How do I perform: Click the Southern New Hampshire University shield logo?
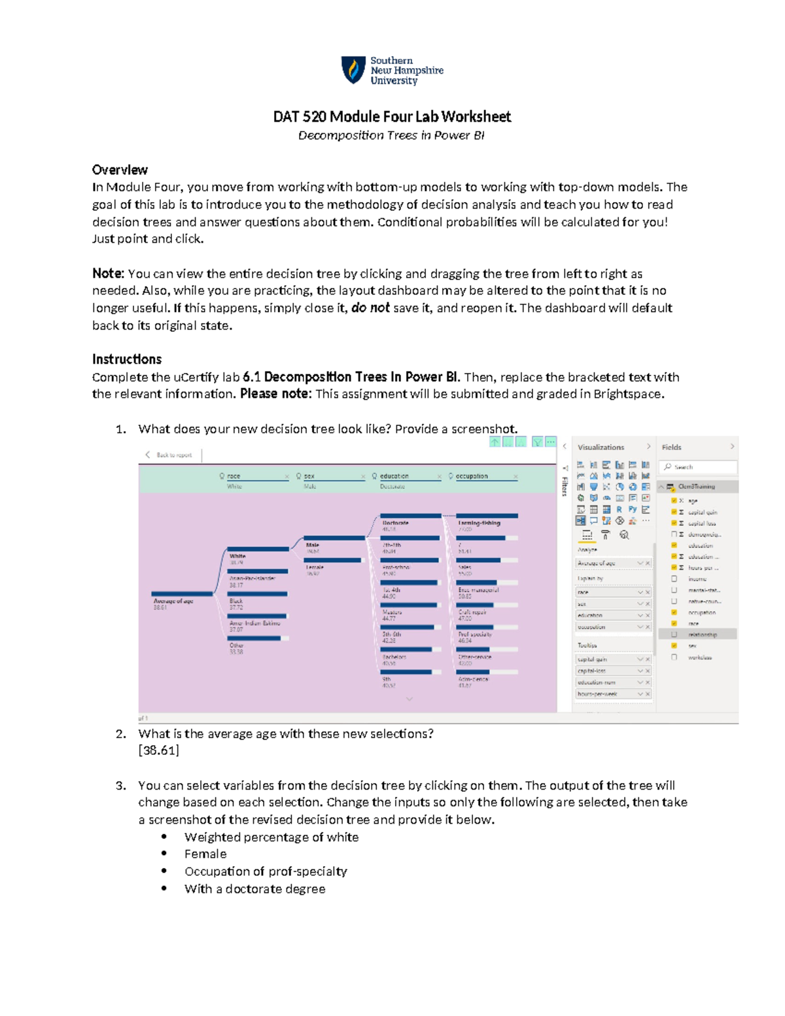point(353,70)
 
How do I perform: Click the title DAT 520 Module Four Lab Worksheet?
point(392,116)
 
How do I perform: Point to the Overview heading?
point(120,170)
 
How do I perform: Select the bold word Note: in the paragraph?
point(108,273)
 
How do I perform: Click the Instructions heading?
point(126,359)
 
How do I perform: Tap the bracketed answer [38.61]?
point(158,750)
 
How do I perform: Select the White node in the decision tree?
point(237,556)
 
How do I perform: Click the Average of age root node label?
point(173,601)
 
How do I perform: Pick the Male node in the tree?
point(313,545)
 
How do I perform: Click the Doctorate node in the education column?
point(396,523)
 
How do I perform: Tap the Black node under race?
point(236,601)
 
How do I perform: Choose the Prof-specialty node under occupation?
point(475,634)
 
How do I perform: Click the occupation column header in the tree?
point(472,476)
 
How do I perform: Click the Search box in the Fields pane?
point(698,467)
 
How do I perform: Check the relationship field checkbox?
point(674,635)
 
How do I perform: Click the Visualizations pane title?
point(601,447)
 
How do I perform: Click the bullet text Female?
point(205,854)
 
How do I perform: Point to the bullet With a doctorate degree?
point(254,888)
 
